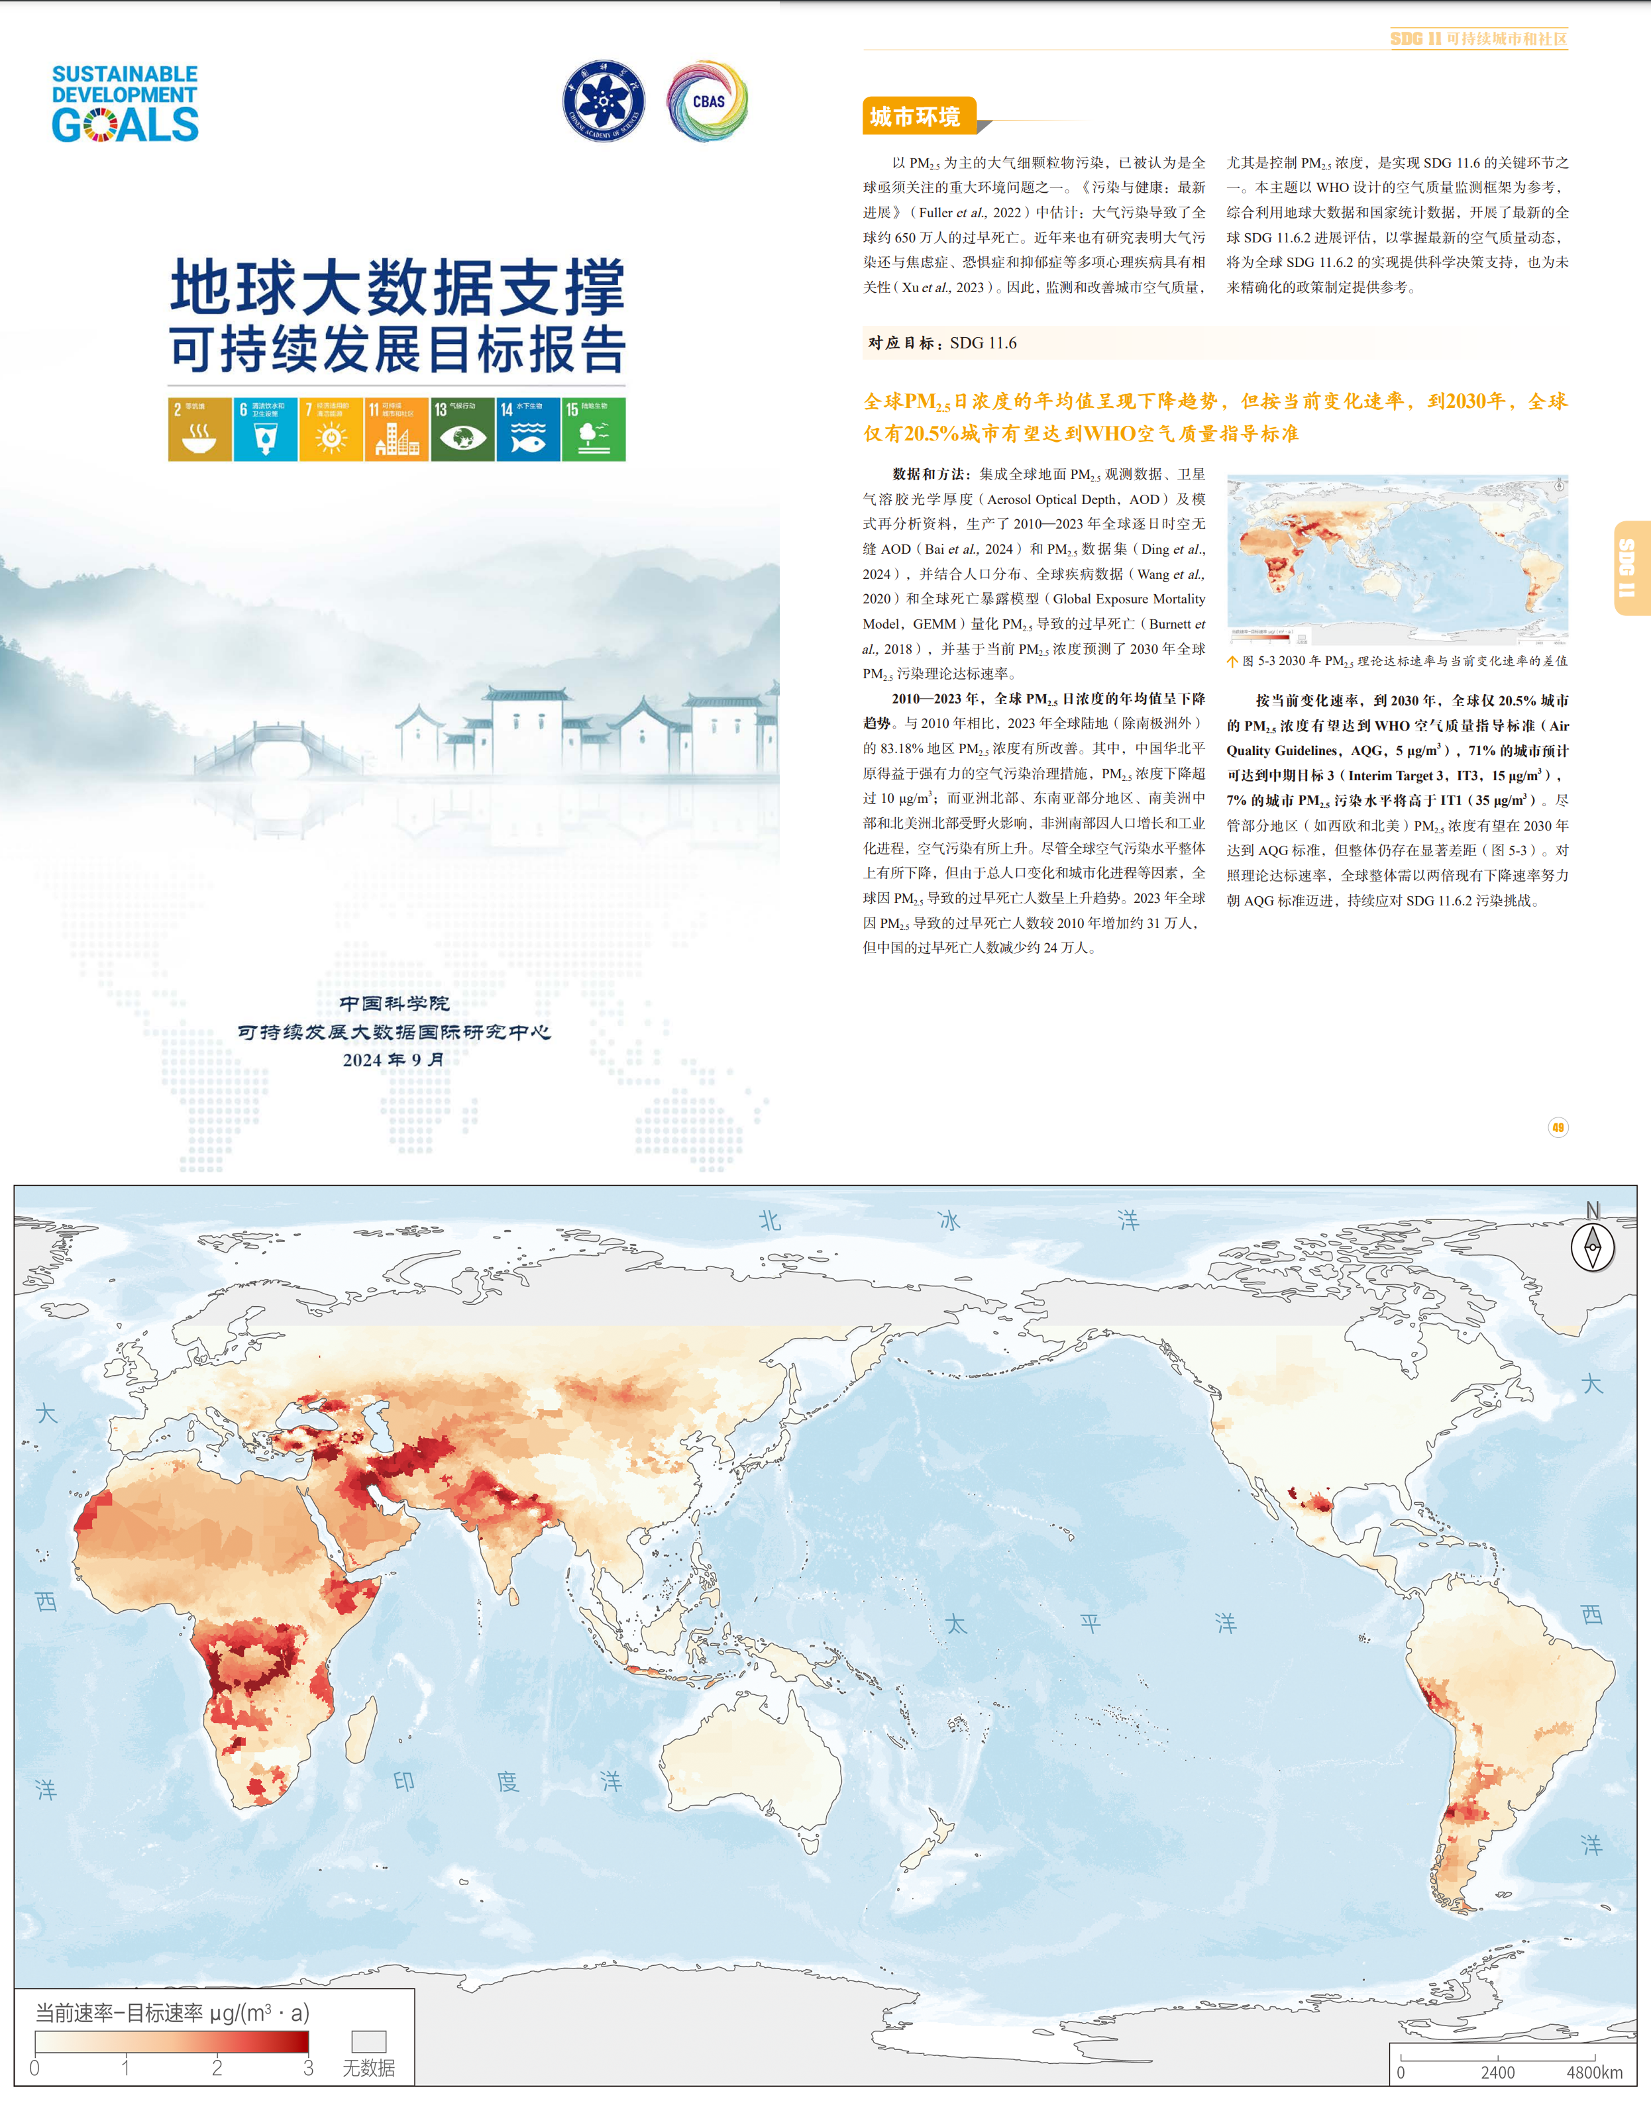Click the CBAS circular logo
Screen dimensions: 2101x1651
[708, 101]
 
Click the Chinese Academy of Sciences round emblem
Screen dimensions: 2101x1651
[604, 101]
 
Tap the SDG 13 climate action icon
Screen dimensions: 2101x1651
[462, 429]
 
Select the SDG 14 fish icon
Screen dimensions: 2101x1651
[528, 429]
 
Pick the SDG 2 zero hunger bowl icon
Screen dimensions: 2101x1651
[199, 429]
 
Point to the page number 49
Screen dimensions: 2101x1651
[1557, 1127]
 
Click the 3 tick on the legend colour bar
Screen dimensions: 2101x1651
[308, 2067]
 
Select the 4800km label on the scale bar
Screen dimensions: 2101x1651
[1594, 2072]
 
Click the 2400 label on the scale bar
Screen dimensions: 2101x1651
[1497, 2072]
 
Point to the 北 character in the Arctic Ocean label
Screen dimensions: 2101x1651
[769, 1221]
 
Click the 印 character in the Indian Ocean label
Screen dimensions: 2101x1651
[404, 1780]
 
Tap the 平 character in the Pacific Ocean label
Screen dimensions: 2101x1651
[1091, 1623]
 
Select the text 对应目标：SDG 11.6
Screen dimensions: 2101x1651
[943, 343]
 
